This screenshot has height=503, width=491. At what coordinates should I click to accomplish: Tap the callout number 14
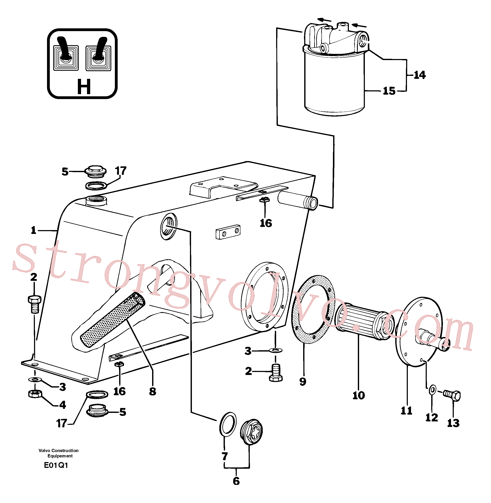(420, 75)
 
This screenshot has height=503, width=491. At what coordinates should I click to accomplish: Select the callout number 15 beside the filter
(389, 91)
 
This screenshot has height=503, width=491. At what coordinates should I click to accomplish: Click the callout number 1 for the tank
(34, 230)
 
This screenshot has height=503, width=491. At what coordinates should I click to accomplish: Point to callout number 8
(153, 391)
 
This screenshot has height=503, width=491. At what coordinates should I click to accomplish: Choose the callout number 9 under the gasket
(303, 381)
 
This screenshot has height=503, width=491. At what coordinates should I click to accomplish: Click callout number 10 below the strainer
(359, 395)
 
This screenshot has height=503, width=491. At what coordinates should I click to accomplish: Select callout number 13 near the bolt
(453, 423)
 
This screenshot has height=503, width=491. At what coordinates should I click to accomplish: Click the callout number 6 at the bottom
(236, 481)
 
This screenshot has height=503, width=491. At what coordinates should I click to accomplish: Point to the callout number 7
(225, 457)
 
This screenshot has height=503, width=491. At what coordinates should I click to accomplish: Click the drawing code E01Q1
(56, 465)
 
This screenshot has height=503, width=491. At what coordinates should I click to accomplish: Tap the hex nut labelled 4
(35, 393)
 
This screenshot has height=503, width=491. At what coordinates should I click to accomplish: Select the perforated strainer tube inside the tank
(113, 319)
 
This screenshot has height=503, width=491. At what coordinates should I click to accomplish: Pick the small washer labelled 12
(432, 390)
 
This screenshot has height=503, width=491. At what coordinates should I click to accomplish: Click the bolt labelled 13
(452, 396)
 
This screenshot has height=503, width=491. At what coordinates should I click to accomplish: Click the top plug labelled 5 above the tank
(96, 172)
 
